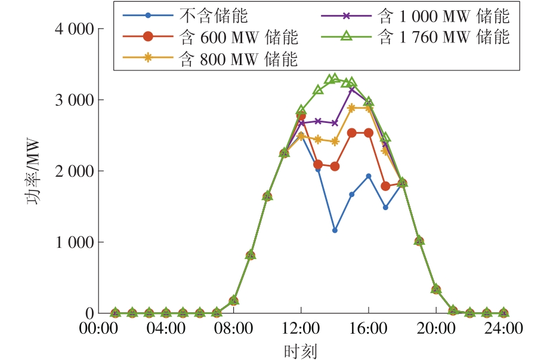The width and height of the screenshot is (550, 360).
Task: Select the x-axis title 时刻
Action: pyautogui.click(x=301, y=349)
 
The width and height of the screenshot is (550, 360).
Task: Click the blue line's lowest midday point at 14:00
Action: pyautogui.click(x=335, y=230)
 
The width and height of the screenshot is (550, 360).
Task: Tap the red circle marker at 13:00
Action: pyautogui.click(x=318, y=164)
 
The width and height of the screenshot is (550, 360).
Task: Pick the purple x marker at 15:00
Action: pyautogui.click(x=352, y=89)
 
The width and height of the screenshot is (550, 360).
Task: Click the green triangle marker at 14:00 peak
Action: pyautogui.click(x=335, y=78)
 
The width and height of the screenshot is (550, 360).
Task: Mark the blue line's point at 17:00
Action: pyautogui.click(x=385, y=208)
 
